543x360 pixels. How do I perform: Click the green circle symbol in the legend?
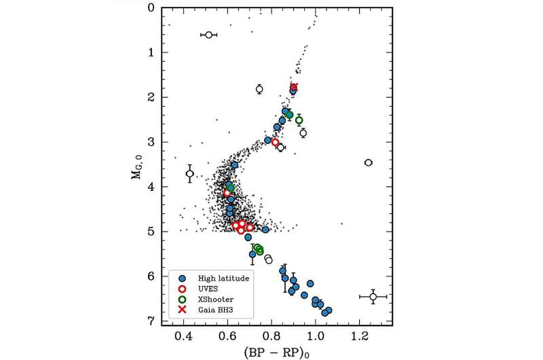[x=182, y=300]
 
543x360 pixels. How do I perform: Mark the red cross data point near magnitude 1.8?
[x=294, y=87]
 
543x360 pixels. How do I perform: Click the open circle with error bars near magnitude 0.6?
[x=208, y=35]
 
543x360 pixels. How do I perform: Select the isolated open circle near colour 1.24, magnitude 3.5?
[x=368, y=162]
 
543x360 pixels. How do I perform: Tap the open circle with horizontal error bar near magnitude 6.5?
[x=373, y=297]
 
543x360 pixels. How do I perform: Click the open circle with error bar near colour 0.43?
[x=190, y=174]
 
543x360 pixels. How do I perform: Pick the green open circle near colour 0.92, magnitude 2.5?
[x=299, y=120]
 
